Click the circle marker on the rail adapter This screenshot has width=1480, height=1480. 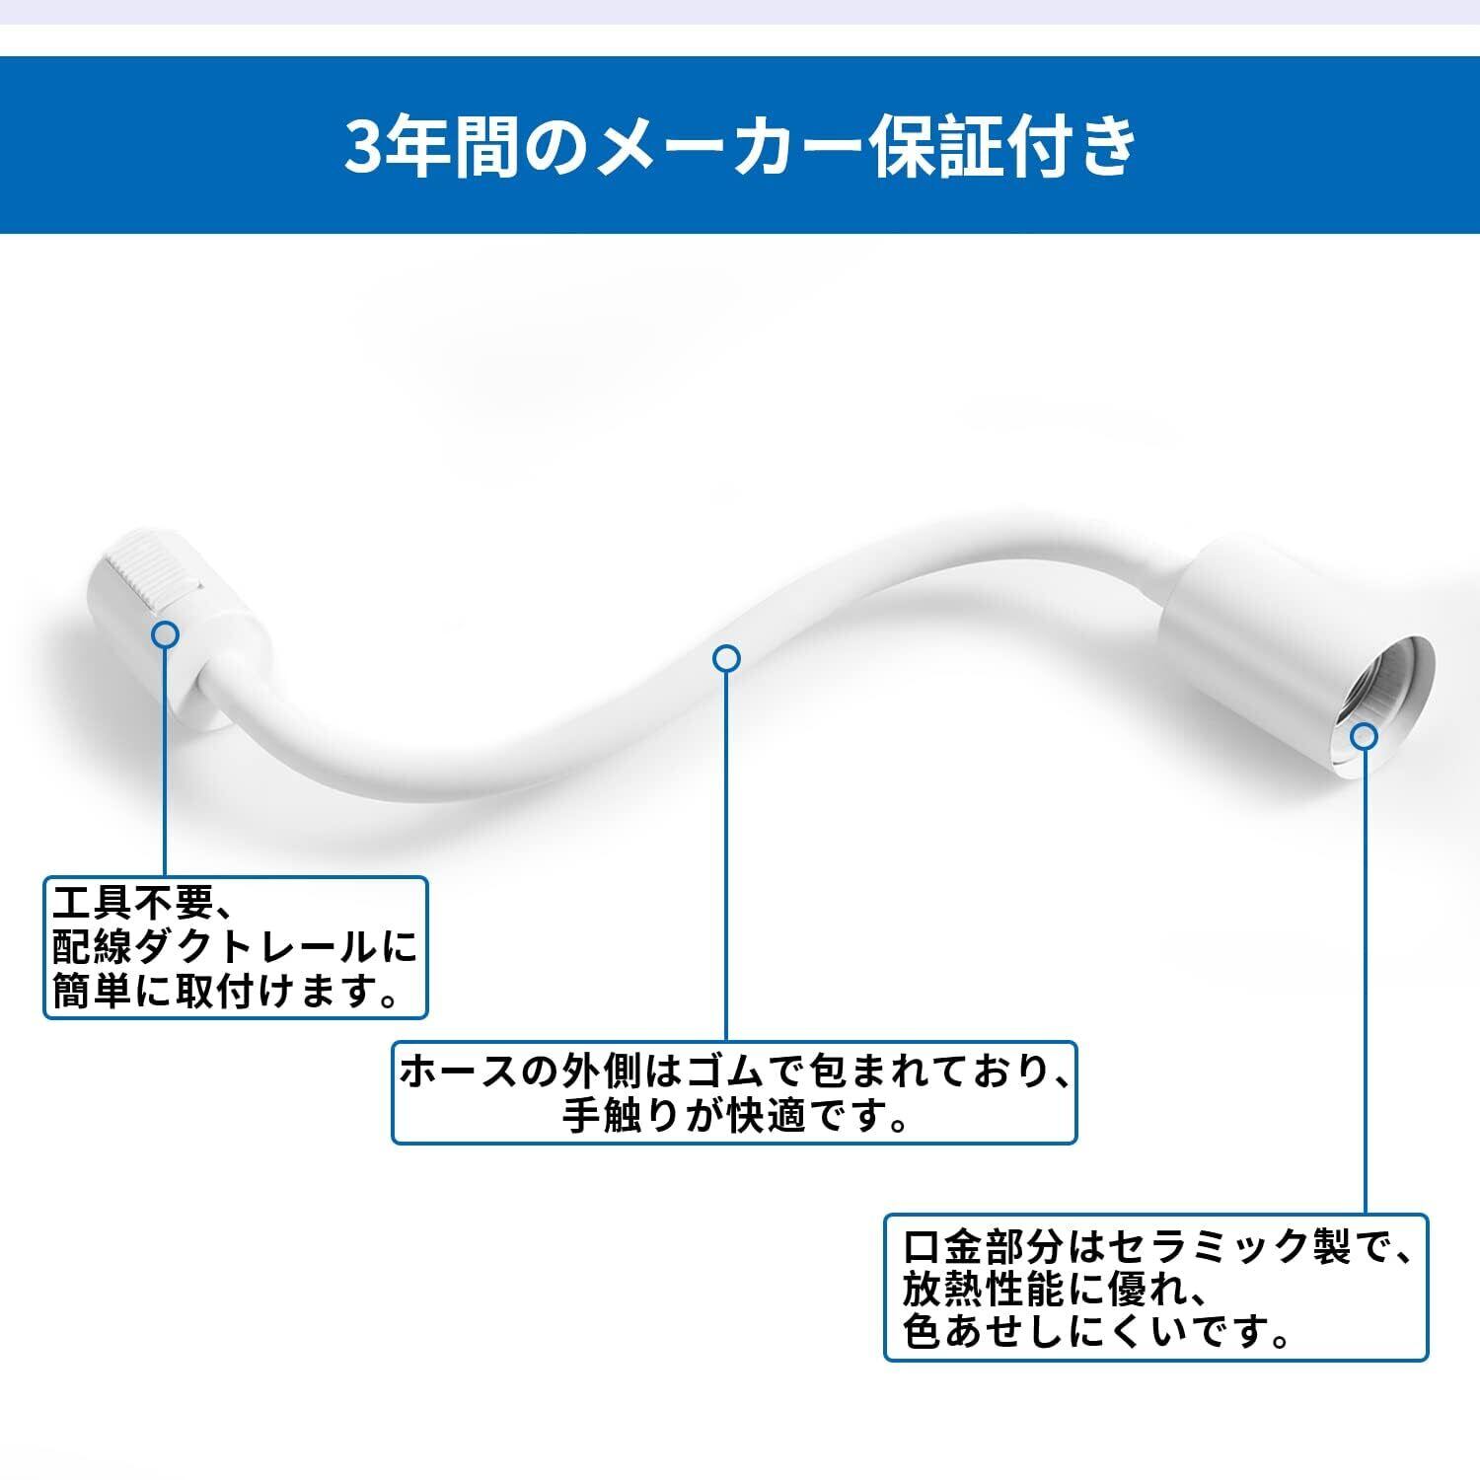click(166, 634)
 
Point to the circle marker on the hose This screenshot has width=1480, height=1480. click(727, 658)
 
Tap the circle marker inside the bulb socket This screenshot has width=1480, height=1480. click(1364, 736)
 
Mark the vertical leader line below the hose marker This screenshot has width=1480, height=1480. click(727, 849)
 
